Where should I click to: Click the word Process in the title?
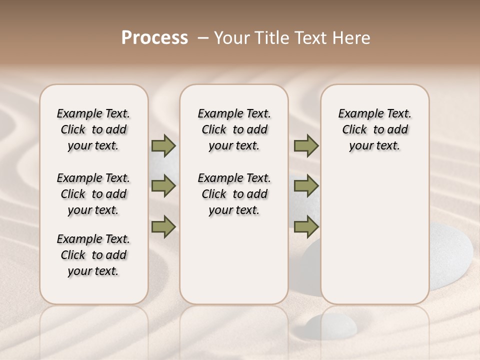point(154,38)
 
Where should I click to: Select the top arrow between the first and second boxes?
point(163,145)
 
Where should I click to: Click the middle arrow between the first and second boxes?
point(163,186)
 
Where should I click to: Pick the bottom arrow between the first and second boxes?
point(163,226)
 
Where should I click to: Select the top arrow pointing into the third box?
point(306,145)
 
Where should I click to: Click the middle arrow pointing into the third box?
point(306,186)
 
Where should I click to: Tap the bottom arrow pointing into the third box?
point(306,226)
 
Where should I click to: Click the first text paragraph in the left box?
point(93,129)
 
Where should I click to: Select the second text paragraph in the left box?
point(93,194)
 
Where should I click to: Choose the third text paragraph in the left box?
point(93,255)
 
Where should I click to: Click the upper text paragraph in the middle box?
point(234,129)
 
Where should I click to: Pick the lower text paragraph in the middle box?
point(234,194)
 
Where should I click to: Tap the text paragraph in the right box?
point(374,129)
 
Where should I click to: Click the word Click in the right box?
point(354,129)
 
